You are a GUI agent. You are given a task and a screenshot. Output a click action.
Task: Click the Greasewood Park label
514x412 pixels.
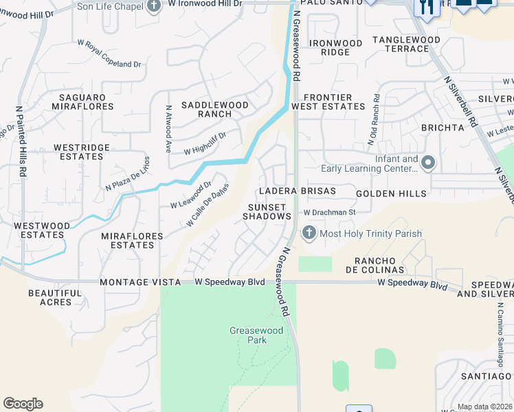pos(247,336)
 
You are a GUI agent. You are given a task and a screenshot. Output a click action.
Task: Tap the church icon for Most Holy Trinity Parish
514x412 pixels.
pos(309,233)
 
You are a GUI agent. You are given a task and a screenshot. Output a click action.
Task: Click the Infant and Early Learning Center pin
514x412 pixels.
pos(429,163)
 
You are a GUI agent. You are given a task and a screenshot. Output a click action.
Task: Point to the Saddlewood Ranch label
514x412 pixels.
pos(214,109)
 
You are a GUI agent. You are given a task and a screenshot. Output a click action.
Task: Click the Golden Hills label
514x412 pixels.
pos(392,194)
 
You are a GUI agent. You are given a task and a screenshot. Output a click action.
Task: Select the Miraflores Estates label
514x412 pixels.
pos(132,240)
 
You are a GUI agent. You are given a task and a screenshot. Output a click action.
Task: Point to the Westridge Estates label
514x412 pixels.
pos(82,152)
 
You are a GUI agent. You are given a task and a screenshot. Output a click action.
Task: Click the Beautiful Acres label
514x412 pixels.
pos(50,297)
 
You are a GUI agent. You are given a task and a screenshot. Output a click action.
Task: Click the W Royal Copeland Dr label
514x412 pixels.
pos(109,54)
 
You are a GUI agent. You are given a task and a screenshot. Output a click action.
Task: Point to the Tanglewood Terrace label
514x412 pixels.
pos(406,44)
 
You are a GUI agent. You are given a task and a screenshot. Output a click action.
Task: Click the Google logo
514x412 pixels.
pos(23,404)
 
